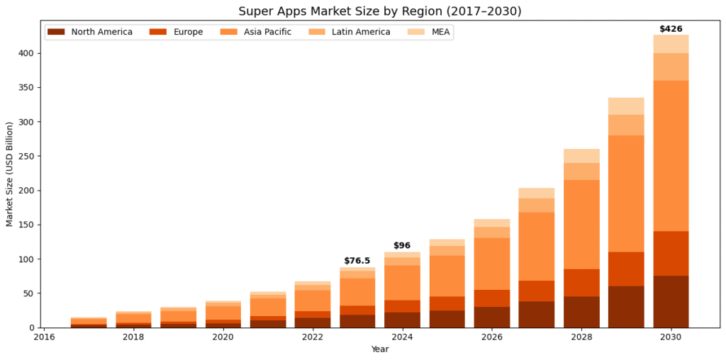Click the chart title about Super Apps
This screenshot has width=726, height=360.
coord(379,11)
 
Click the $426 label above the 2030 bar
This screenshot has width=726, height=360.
coord(671,29)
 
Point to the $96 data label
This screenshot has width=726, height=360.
coord(402,246)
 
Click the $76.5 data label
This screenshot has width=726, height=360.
coord(357,261)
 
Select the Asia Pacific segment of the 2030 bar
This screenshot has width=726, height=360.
coord(671,156)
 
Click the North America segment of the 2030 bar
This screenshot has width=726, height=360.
coord(671,301)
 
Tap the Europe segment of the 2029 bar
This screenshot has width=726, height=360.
coord(626,269)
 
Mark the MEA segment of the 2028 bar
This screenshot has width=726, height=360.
coord(581,156)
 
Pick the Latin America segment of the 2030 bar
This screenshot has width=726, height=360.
coord(671,67)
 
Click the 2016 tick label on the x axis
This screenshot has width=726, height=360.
coord(44,337)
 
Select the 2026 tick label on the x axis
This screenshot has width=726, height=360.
coord(491,337)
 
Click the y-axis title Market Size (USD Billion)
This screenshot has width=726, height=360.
coord(10,174)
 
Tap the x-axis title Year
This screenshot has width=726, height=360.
coord(380,349)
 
